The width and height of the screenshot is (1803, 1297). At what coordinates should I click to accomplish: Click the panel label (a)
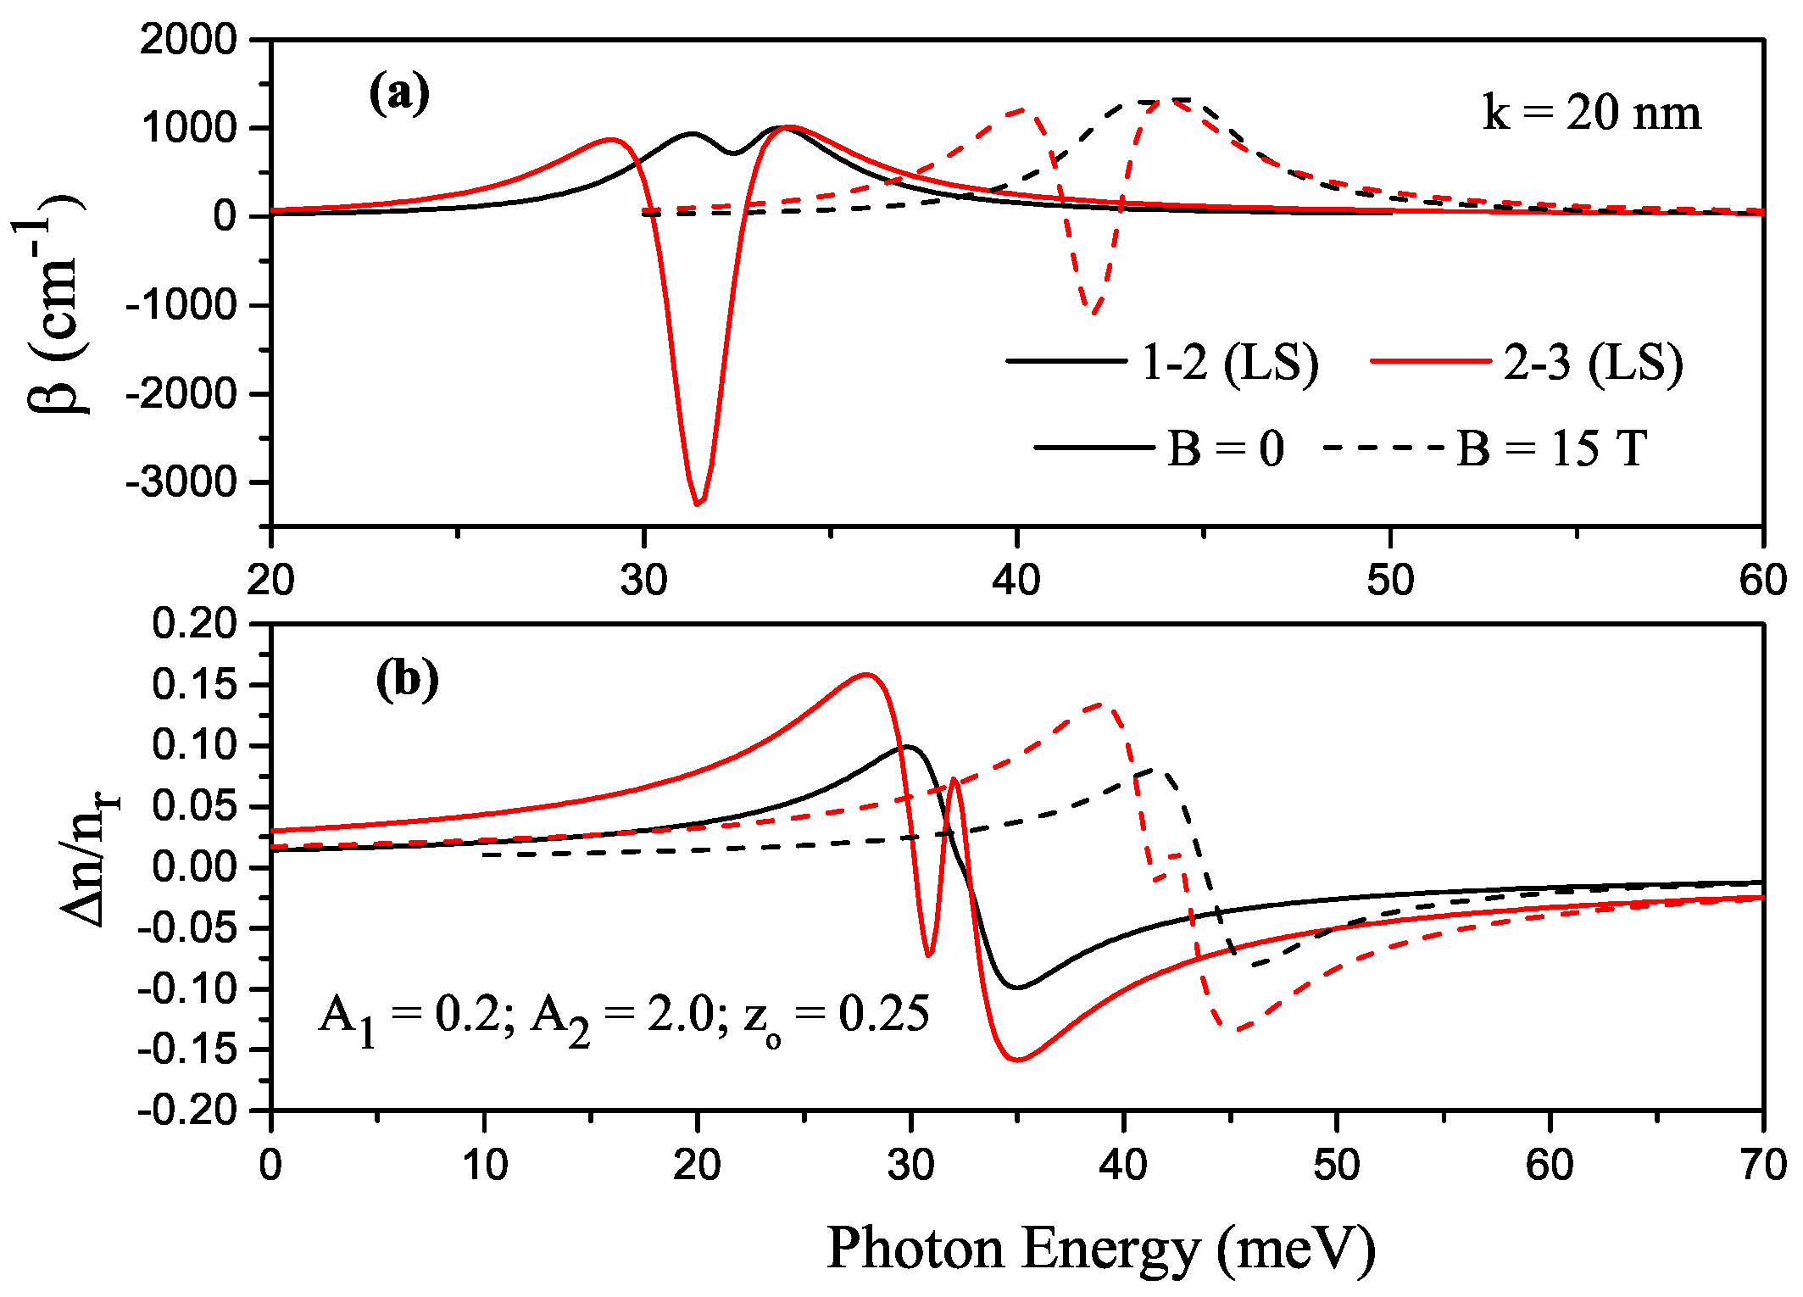pyautogui.click(x=399, y=93)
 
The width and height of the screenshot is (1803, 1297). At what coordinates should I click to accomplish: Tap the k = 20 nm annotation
pyautogui.click(x=1591, y=113)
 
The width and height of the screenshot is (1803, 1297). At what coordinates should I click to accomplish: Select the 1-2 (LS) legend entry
pyautogui.click(x=1229, y=363)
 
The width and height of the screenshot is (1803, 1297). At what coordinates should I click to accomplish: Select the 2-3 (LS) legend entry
pyautogui.click(x=1592, y=363)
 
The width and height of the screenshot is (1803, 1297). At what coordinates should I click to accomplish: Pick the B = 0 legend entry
pyautogui.click(x=1225, y=448)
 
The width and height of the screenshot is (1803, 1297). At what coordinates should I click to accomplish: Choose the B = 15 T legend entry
pyautogui.click(x=1551, y=448)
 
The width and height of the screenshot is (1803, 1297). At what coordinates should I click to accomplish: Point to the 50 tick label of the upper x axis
pyautogui.click(x=1390, y=581)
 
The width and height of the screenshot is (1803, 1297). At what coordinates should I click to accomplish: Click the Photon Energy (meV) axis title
pyautogui.click(x=1100, y=1248)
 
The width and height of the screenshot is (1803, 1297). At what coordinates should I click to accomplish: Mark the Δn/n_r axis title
pyautogui.click(x=89, y=860)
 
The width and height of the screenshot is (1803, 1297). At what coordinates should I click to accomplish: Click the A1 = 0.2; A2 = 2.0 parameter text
pyautogui.click(x=623, y=1015)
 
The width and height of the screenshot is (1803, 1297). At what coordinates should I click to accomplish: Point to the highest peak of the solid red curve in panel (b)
pyautogui.click(x=865, y=675)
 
